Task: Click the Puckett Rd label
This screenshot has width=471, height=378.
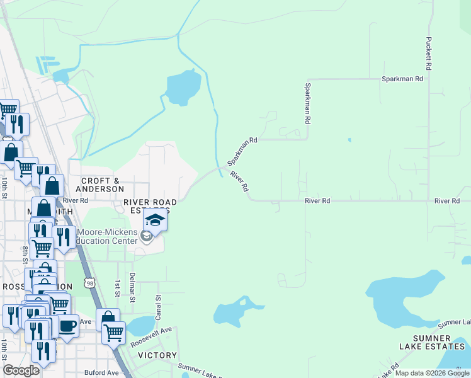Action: pyautogui.click(x=428, y=53)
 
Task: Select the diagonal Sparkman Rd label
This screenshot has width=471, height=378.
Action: pyautogui.click(x=244, y=150)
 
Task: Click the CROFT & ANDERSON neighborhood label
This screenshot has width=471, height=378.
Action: pyautogui.click(x=100, y=184)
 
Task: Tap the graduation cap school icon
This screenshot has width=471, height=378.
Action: pyautogui.click(x=155, y=220)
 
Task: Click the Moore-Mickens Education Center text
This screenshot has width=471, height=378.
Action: pyautogui.click(x=107, y=236)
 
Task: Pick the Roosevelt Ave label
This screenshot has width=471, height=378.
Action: pyautogui.click(x=151, y=338)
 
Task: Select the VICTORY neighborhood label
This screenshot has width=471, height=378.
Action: pyautogui.click(x=157, y=355)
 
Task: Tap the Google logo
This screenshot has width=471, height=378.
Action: pyautogui.click(x=21, y=370)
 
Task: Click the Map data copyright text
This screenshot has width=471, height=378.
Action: pyautogui.click(x=432, y=373)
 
